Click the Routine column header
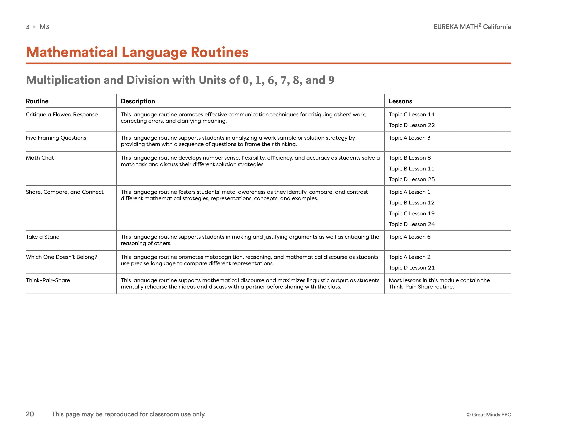pyautogui.click(x=37, y=101)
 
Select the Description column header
pyautogui.click(x=138, y=101)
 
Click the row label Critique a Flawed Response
pyautogui.click(x=62, y=114)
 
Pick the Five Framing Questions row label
pyautogui.click(x=56, y=138)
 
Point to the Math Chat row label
pyautogui.click(x=40, y=158)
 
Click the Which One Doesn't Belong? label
pyautogui.click(x=62, y=257)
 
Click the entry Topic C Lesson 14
pyautogui.click(x=411, y=114)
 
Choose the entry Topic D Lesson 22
pyautogui.click(x=411, y=125)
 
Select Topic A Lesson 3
pyautogui.click(x=409, y=138)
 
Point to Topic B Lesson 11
pyautogui.click(x=411, y=169)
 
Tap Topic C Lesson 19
pyautogui.click(x=411, y=213)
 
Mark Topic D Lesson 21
pyautogui.click(x=411, y=268)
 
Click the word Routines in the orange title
pyautogui.click(x=219, y=52)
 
